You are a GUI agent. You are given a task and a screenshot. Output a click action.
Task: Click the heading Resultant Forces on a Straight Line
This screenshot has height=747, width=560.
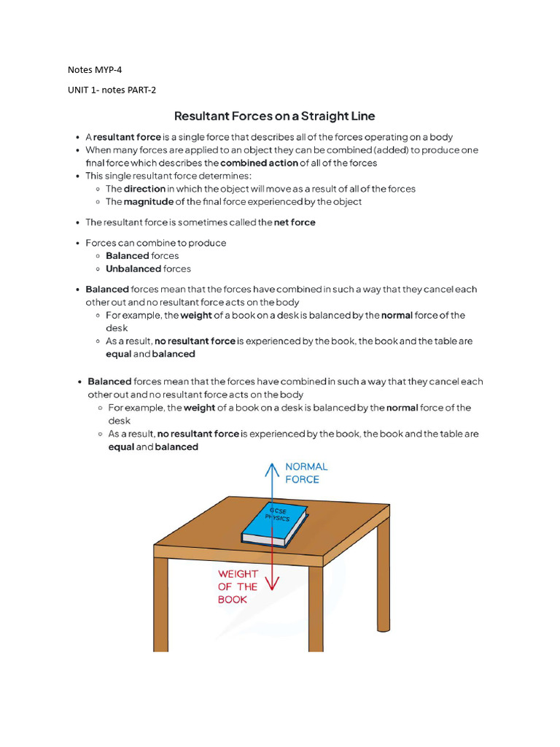tap(274, 116)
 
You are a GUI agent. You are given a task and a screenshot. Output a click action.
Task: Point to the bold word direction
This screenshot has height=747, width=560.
tap(145, 188)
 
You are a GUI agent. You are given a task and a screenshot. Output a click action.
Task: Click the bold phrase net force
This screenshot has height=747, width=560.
tap(295, 222)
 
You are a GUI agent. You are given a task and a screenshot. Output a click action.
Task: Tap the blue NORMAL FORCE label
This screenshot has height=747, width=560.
tap(306, 473)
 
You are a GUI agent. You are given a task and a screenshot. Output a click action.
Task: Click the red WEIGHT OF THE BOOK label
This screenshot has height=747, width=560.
tap(238, 587)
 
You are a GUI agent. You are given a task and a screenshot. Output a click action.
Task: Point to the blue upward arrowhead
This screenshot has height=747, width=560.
tap(272, 468)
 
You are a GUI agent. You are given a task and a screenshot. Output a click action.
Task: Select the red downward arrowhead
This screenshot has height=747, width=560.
tap(272, 584)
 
